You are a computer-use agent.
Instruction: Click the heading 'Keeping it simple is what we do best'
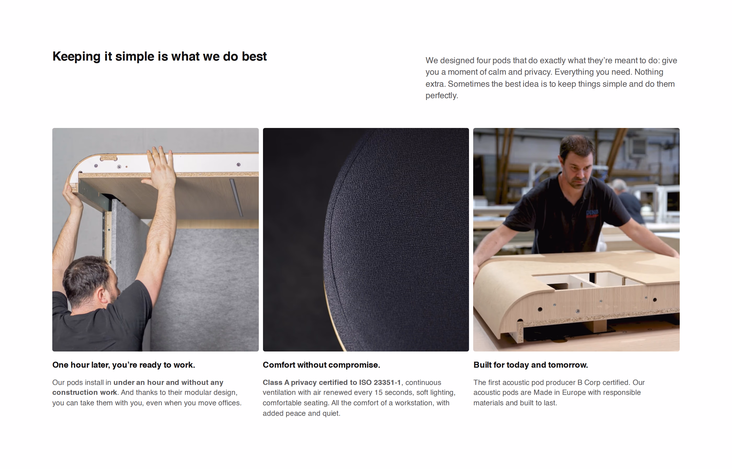pos(159,57)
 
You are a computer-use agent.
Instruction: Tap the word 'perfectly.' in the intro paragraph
pos(442,96)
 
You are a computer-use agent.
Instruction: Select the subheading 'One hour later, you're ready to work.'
pos(123,365)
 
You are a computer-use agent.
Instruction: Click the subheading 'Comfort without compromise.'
pos(321,365)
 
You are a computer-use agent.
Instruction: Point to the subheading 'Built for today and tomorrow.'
pos(530,365)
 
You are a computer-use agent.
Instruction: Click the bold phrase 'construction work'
pos(84,392)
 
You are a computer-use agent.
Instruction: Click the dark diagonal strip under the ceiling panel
pos(236,197)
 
